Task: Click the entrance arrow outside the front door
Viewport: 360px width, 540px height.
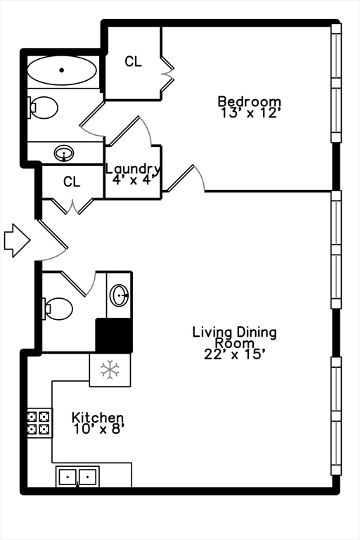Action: [17, 240]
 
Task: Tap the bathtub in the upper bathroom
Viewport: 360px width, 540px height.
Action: [62, 70]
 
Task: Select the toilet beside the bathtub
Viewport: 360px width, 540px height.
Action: [44, 108]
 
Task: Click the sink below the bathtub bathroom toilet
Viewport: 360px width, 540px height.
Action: [64, 152]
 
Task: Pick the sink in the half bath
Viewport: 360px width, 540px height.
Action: [120, 295]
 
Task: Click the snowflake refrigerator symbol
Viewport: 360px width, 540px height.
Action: [110, 370]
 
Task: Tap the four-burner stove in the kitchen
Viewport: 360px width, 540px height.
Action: [39, 423]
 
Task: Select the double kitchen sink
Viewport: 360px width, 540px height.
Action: [77, 477]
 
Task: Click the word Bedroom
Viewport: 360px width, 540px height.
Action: [250, 101]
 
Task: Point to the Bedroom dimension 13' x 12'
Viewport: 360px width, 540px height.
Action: [249, 112]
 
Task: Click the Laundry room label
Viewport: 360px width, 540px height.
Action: [133, 169]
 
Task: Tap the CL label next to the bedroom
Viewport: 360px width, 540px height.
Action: [133, 61]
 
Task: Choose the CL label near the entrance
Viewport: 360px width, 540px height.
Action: [72, 181]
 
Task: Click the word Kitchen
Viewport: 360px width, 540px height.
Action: [98, 418]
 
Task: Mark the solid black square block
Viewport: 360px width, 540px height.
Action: [114, 335]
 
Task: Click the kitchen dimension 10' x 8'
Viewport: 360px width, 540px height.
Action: [98, 429]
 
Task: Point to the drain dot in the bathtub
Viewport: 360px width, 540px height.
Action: [62, 70]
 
